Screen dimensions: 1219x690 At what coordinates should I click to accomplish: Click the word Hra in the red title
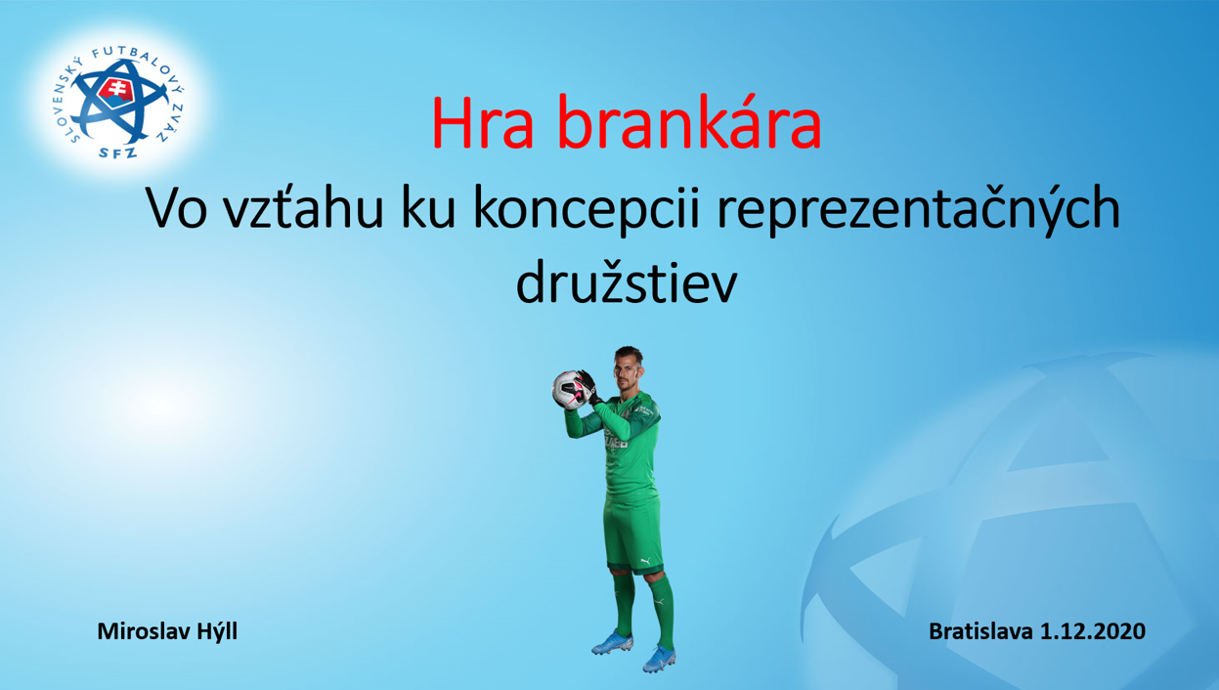click(483, 122)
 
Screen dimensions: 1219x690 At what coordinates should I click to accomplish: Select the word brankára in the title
click(689, 121)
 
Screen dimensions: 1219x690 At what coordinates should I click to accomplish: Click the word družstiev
click(627, 283)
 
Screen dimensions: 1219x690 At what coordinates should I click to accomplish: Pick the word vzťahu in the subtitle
click(304, 207)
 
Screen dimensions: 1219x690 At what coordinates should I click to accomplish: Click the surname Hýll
click(217, 632)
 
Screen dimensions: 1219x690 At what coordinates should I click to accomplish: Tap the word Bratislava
click(980, 631)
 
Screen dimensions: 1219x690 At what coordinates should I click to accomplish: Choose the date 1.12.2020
click(1093, 631)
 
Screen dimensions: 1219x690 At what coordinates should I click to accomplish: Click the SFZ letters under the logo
click(117, 152)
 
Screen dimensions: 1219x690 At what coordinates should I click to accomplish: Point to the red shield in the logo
click(115, 94)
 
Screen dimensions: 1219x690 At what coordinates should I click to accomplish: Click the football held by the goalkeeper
click(568, 390)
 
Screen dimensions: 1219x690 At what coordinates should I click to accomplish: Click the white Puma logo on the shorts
click(645, 560)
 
